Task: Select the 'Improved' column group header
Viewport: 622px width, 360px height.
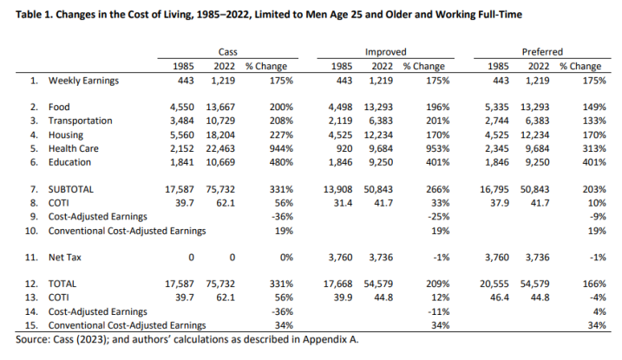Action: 385,52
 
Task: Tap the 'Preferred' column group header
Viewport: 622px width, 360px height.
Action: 543,52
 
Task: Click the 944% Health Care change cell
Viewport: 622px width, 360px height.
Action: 280,148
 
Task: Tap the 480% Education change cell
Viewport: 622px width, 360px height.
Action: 280,161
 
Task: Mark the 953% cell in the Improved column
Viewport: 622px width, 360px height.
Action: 436,148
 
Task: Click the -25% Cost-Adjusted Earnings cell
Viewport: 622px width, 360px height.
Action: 437,215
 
